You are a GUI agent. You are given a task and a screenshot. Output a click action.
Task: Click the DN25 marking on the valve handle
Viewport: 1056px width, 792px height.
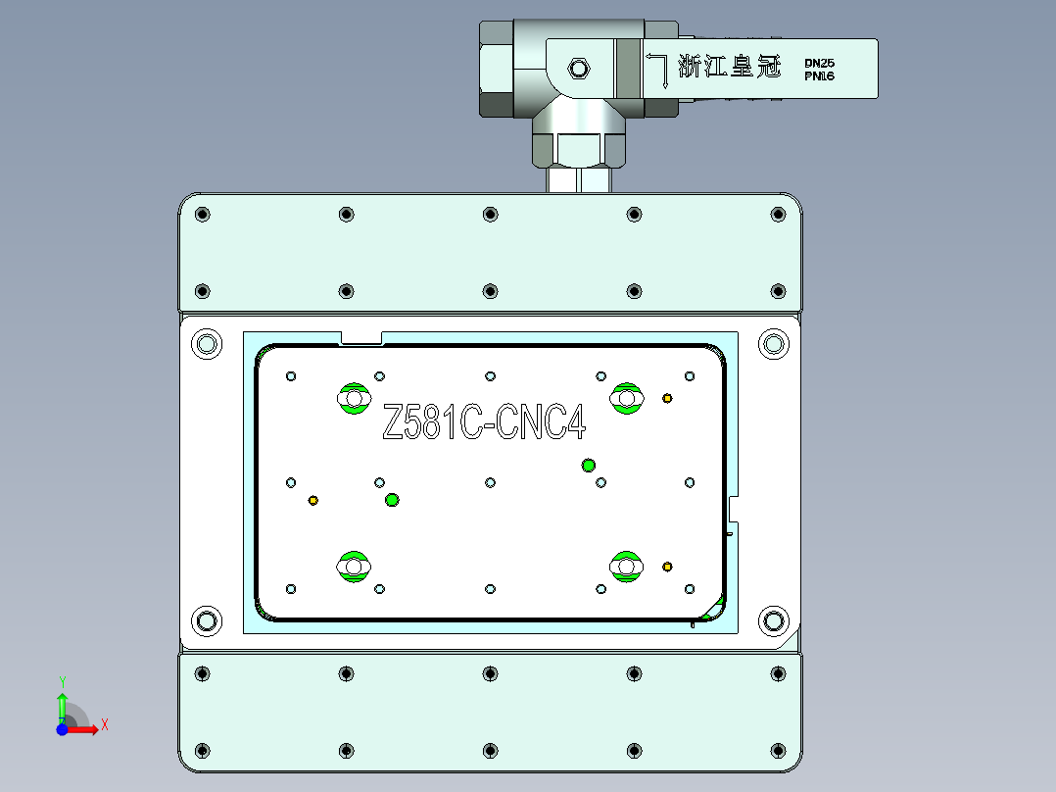click(819, 62)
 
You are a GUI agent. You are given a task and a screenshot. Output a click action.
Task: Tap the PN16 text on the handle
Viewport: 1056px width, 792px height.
click(819, 75)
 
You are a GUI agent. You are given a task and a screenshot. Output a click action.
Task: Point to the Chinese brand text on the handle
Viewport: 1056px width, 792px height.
click(730, 67)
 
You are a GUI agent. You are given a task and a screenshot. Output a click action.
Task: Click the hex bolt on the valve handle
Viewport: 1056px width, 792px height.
click(579, 68)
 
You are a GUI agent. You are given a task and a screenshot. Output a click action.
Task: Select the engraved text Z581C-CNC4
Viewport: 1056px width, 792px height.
click(484, 424)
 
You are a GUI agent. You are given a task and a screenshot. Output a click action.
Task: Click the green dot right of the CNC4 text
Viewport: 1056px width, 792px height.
click(589, 465)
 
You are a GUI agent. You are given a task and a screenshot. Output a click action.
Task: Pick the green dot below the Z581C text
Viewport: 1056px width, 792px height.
click(392, 500)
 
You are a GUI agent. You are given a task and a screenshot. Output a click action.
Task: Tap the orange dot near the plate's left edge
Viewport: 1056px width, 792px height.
click(313, 501)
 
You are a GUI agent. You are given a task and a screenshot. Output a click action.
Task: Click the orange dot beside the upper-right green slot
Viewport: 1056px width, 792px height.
click(667, 398)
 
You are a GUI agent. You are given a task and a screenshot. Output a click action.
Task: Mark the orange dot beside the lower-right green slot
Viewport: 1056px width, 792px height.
click(667, 567)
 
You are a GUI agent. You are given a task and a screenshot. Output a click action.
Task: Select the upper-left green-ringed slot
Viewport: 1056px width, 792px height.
click(353, 398)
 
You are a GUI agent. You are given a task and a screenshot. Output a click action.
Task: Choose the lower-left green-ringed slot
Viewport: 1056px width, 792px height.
click(353, 567)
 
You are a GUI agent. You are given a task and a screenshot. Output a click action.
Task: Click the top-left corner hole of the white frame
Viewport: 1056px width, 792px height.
click(206, 344)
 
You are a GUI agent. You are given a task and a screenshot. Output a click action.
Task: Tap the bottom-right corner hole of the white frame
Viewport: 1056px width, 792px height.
click(774, 619)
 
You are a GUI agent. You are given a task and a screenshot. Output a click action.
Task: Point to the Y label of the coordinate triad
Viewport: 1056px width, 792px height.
click(62, 680)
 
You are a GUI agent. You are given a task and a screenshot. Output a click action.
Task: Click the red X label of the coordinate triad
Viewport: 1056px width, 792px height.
click(104, 725)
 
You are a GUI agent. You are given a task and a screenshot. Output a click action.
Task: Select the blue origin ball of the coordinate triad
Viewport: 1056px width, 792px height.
click(62, 729)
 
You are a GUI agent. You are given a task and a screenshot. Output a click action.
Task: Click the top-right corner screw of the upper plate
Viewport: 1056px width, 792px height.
click(779, 214)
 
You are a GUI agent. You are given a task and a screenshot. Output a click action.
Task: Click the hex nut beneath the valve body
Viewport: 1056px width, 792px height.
click(578, 147)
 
